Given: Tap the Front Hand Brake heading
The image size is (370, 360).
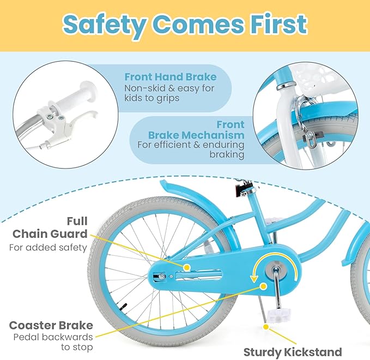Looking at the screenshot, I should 170,77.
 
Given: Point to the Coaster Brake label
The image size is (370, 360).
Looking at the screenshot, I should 51,326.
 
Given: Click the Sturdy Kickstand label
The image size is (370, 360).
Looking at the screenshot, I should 293,351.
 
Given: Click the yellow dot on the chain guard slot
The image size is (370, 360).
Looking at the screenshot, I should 186,268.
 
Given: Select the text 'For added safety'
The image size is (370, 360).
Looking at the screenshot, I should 48,247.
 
